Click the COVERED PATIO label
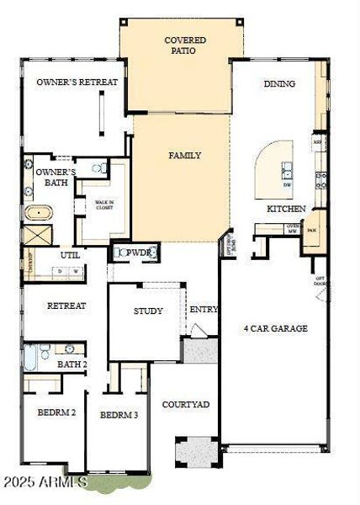pos(185,45)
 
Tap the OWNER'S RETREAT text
pos(76,82)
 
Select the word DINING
pos(279,83)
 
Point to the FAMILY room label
pos(184,156)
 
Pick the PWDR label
pos(136,252)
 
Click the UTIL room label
pos(70,255)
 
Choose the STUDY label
pos(148,311)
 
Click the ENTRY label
pos(203,309)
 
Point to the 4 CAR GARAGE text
pos(275,327)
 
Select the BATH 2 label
pos(71,364)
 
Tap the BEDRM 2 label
pos(56,412)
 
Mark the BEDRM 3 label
pos(119,414)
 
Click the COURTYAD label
pos(185,404)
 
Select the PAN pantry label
pos(311,229)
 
